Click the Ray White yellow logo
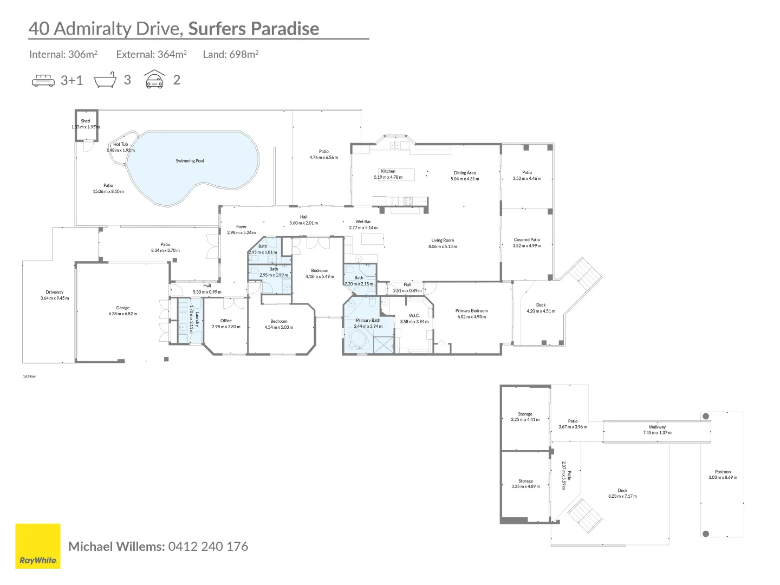(38, 546)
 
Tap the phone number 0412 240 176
(208, 547)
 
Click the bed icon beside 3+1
(43, 81)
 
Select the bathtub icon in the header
(105, 80)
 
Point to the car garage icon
(154, 80)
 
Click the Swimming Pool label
(190, 161)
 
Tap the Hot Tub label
(121, 145)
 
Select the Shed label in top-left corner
(86, 121)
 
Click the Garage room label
(123, 308)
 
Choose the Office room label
(226, 321)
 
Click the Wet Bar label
(363, 222)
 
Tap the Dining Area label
(465, 173)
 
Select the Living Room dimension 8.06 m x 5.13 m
(443, 246)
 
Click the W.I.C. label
(414, 315)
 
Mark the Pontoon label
(723, 472)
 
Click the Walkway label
(657, 427)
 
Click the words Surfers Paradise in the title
(253, 29)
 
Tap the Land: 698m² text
(231, 54)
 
